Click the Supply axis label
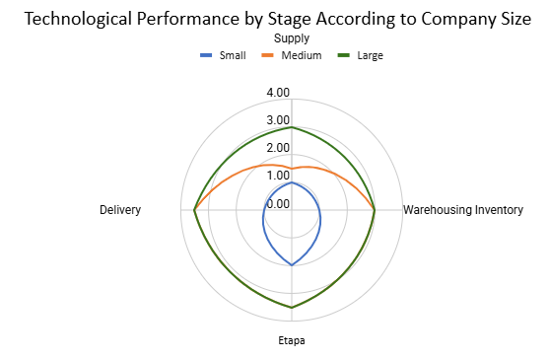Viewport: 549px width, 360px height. tap(291, 37)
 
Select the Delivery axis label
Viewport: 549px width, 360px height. tap(120, 210)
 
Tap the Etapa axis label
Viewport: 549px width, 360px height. tap(291, 341)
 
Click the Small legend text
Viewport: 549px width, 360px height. tap(233, 55)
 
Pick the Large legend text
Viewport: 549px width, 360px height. tap(371, 55)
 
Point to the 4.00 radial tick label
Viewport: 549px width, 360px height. tap(278, 93)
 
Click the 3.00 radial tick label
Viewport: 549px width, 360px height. tap(278, 120)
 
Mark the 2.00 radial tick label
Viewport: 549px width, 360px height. tap(278, 148)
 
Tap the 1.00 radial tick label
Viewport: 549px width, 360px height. tap(278, 176)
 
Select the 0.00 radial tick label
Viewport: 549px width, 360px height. tap(278, 204)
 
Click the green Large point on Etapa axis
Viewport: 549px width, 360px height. tap(292, 308)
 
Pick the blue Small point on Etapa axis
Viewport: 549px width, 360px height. tap(292, 265)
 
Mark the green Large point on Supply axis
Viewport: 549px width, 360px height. tap(292, 127)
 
